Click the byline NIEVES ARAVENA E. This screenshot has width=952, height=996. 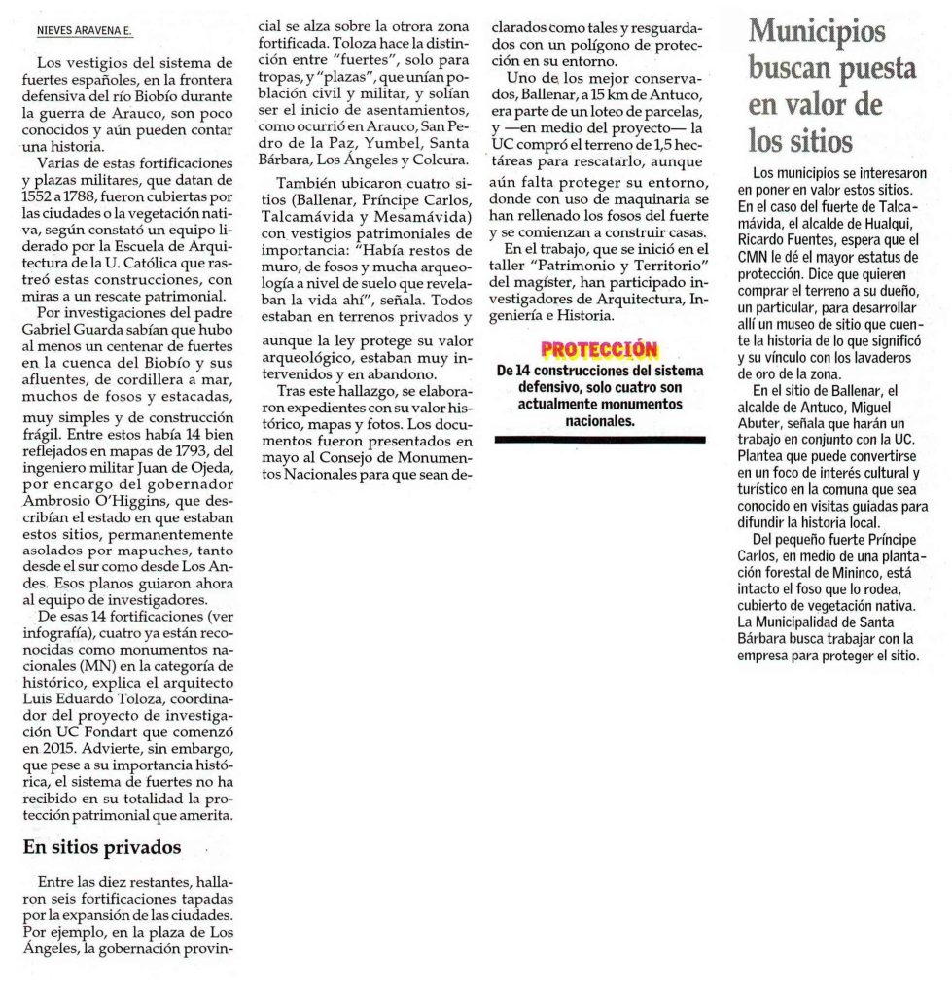(x=83, y=31)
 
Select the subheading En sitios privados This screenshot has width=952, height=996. (x=102, y=847)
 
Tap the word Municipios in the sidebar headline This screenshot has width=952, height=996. (x=818, y=31)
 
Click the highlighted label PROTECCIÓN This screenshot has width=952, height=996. (x=598, y=350)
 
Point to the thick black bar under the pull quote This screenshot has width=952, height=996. (x=599, y=440)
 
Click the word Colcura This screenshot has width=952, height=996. (x=442, y=160)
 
